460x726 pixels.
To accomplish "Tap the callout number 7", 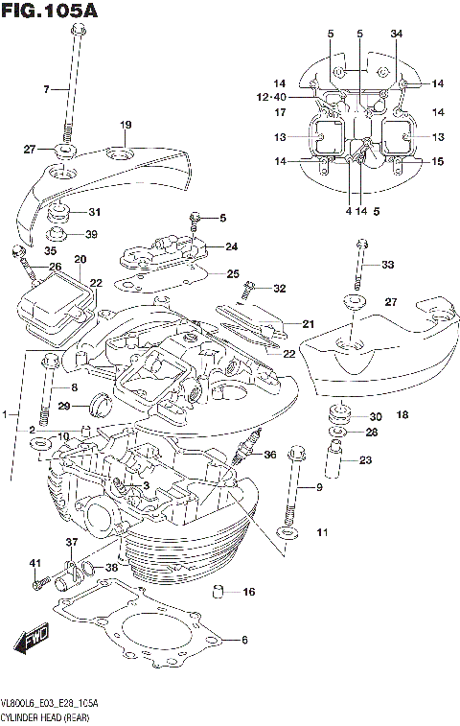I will click(x=45, y=89).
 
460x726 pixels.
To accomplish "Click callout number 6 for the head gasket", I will click(x=244, y=641).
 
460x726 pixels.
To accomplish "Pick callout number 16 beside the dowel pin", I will click(x=249, y=593).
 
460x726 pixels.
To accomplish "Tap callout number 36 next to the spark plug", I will click(x=270, y=456).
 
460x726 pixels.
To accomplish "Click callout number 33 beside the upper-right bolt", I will click(x=387, y=265).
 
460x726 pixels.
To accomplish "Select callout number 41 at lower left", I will click(x=34, y=562).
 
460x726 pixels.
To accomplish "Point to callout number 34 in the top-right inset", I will click(x=397, y=35).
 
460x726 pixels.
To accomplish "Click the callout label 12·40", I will click(x=272, y=97).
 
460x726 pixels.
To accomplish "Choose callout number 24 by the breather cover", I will click(x=231, y=246).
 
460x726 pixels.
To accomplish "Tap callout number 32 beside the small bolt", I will click(x=279, y=289).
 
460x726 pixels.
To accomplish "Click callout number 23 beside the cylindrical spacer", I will click(x=365, y=459).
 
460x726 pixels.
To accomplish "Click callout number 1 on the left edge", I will click(x=5, y=414).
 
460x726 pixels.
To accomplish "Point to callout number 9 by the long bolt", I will click(x=319, y=489).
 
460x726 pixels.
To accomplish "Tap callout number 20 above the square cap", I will click(x=80, y=259).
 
